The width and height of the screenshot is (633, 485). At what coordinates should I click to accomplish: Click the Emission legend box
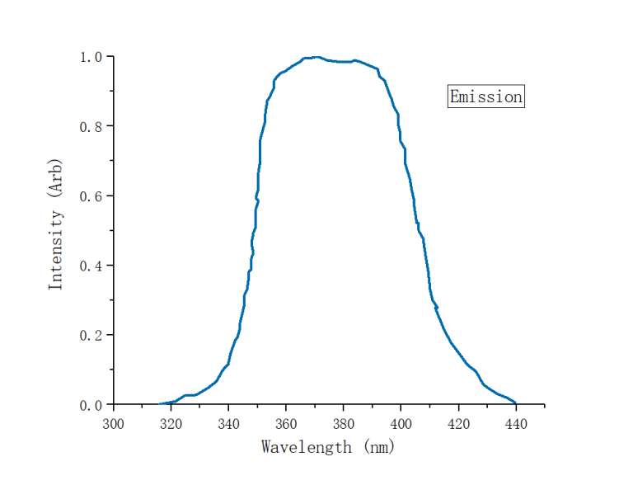click(x=485, y=97)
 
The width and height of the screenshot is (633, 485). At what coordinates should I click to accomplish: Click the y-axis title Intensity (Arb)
click(x=55, y=224)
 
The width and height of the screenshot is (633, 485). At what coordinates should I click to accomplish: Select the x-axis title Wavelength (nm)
click(x=328, y=447)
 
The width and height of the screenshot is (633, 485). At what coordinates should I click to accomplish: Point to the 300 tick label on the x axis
click(x=114, y=423)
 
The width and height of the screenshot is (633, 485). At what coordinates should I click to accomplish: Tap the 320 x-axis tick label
click(x=171, y=423)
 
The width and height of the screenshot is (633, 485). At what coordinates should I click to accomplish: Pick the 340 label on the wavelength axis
click(x=228, y=423)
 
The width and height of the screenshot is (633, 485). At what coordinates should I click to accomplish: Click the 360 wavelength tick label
click(x=286, y=423)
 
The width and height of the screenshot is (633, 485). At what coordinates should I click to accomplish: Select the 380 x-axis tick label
click(x=343, y=423)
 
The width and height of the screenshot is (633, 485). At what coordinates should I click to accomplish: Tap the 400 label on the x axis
click(x=401, y=423)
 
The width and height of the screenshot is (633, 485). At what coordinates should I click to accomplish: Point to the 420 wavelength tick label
click(x=458, y=423)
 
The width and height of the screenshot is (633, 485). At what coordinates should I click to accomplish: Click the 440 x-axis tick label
click(x=515, y=423)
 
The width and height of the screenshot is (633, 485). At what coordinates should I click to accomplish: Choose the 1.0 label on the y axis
click(x=91, y=57)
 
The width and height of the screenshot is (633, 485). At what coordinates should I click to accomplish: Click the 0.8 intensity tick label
click(x=91, y=126)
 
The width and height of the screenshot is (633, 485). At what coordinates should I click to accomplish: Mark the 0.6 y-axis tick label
click(x=91, y=196)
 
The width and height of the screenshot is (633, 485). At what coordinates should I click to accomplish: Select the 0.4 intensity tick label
click(x=91, y=266)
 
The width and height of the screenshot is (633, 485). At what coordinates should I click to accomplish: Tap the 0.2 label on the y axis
click(x=91, y=336)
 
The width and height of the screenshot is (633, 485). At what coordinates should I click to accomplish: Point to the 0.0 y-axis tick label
click(x=91, y=405)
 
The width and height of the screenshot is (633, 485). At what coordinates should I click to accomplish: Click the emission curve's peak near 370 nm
click(x=316, y=57)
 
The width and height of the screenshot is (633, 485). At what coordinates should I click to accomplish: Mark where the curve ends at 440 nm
click(x=515, y=403)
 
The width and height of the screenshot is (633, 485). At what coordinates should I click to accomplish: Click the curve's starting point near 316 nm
click(x=160, y=404)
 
